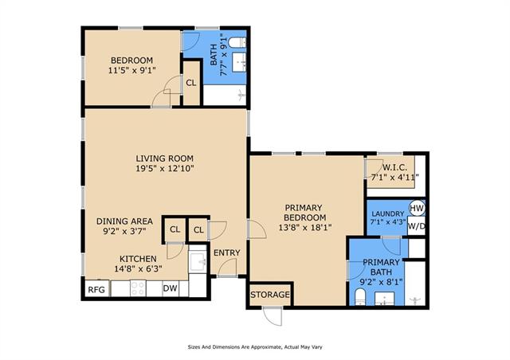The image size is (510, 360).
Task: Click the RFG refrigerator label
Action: [96, 289]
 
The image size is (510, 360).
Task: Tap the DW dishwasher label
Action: [170, 288]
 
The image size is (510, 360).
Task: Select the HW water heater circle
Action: [417, 208]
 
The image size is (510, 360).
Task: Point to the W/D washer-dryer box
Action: [416, 226]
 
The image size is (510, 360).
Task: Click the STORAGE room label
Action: [270, 295]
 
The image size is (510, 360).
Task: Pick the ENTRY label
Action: [226, 252]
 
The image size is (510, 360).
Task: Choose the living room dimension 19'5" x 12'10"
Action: [165, 169]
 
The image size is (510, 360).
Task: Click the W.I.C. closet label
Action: [394, 168]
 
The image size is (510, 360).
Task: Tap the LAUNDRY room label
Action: [388, 213]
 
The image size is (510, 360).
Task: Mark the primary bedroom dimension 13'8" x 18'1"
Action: [305, 227]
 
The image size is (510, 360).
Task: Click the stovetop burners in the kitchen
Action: [138, 288]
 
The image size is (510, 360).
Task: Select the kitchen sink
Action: [198, 261]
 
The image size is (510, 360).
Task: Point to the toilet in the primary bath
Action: [359, 298]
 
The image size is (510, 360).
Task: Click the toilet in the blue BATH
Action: [237, 42]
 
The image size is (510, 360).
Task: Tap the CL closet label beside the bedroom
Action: [191, 83]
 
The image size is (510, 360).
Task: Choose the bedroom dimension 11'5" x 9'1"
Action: [132, 70]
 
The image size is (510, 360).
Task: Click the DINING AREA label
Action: [124, 221]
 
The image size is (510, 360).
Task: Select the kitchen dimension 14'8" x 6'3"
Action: [138, 269]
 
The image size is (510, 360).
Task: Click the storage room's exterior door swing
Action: [273, 315]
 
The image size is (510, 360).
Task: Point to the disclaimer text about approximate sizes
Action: [255, 347]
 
